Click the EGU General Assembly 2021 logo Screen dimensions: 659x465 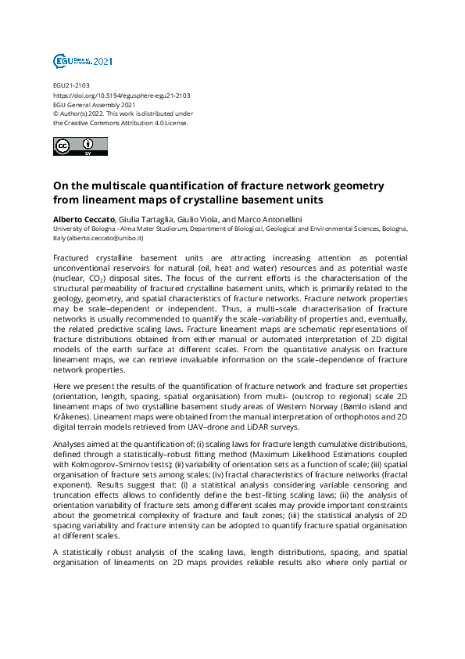(83, 61)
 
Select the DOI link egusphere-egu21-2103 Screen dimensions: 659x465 (122, 95)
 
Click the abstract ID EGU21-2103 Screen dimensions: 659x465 (71, 86)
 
